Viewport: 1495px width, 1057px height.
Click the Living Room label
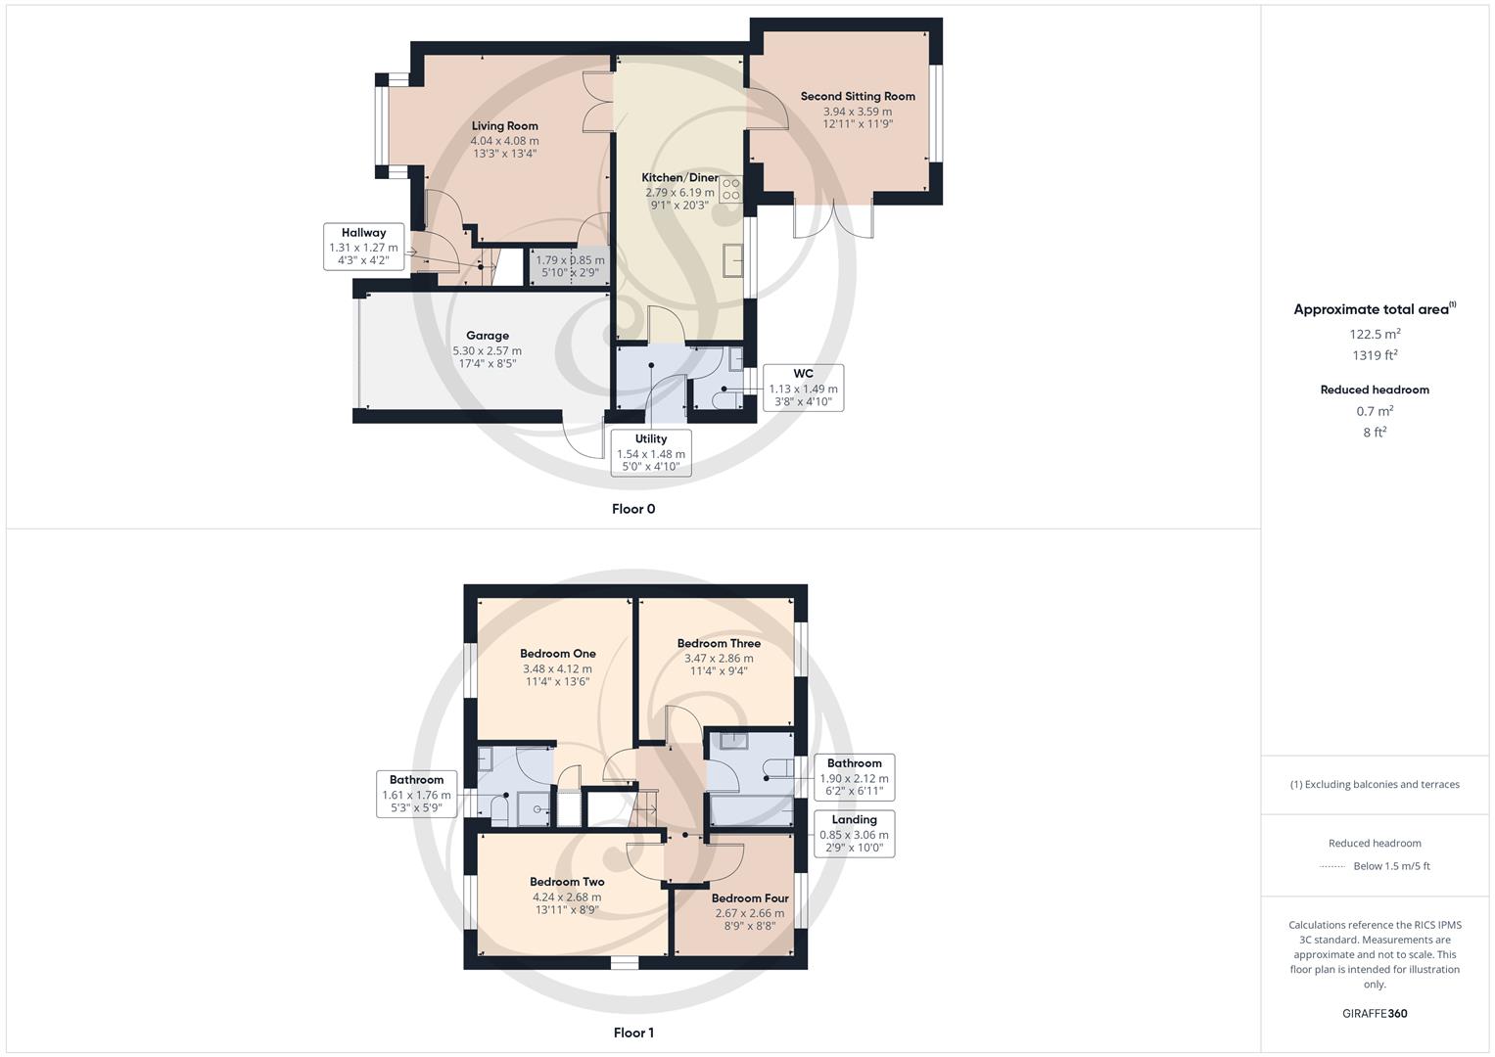click(x=504, y=125)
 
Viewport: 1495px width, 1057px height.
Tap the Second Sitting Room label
click(x=858, y=96)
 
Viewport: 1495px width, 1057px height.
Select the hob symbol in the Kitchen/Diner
click(x=730, y=189)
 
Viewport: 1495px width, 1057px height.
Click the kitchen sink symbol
click(x=732, y=261)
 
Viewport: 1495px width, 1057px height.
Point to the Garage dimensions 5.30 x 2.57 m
click(x=487, y=350)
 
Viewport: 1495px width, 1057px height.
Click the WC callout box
click(x=803, y=388)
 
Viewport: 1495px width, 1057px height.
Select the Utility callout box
click(x=650, y=453)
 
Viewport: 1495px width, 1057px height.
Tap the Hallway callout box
click(x=363, y=247)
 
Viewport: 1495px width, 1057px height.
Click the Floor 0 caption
click(x=633, y=509)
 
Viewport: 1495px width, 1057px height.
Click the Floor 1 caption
click(x=633, y=1033)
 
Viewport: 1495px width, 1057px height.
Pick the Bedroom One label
click(x=557, y=654)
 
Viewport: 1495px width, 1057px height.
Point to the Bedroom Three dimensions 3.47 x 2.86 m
click(x=719, y=659)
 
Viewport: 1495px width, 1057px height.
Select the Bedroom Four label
click(x=749, y=898)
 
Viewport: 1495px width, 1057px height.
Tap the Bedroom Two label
click(x=567, y=882)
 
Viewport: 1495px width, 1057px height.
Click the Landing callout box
click(x=854, y=834)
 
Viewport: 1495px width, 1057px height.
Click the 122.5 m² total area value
click(x=1375, y=334)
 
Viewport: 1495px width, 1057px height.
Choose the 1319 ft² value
click(x=1375, y=355)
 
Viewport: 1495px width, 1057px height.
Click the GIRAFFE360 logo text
click(x=1375, y=1013)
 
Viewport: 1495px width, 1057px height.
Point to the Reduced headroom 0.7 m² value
click(x=1375, y=411)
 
